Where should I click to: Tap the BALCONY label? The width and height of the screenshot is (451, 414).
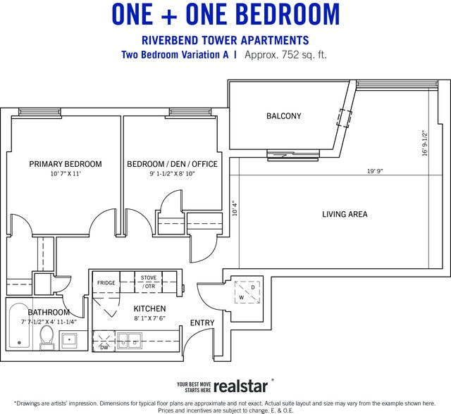pos(283,116)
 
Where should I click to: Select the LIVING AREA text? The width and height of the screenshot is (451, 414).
pos(345,214)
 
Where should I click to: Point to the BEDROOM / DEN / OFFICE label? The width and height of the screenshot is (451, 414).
pos(172,164)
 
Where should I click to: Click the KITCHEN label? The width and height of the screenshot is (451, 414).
pos(149,309)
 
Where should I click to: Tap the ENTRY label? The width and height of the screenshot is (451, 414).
pos(202,323)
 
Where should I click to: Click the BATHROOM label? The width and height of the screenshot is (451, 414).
pos(49,313)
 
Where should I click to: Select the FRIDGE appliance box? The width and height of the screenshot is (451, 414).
pos(106,283)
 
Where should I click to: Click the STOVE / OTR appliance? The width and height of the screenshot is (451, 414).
pos(149,282)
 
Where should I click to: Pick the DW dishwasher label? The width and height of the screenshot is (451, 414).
pos(104,347)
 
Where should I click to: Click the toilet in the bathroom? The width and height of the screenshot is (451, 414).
pos(47,337)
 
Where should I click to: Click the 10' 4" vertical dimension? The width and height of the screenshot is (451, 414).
pos(235,209)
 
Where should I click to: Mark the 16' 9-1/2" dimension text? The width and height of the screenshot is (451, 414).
pos(424,143)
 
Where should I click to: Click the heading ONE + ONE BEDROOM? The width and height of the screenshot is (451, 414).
pos(225,14)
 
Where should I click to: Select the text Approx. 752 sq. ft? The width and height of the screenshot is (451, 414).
pos(285,54)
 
